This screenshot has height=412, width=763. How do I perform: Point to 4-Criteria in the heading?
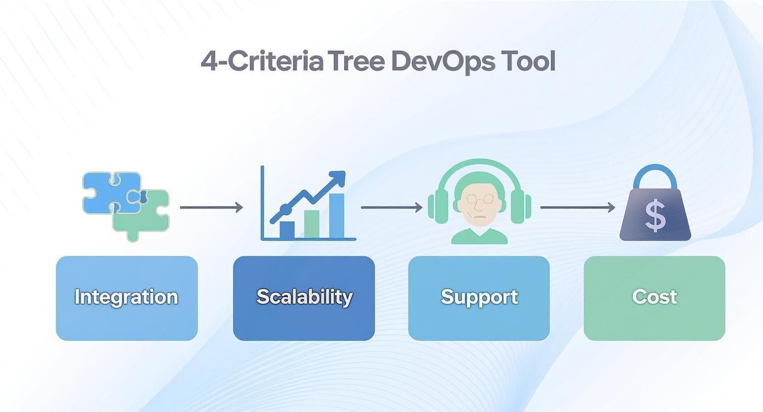tap(262, 61)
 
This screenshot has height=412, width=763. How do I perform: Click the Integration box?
tap(127, 298)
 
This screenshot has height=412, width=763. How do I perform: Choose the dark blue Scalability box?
tap(304, 298)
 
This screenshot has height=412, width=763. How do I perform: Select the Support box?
tap(479, 298)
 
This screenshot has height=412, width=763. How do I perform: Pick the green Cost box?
tap(654, 298)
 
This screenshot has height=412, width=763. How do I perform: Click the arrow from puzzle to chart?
tap(211, 207)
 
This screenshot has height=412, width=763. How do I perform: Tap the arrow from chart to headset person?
tap(391, 208)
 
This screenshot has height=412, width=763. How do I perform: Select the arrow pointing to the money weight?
tap(577, 208)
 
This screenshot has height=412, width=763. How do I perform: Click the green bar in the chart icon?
tap(311, 224)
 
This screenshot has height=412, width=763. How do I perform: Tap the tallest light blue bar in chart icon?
tap(336, 216)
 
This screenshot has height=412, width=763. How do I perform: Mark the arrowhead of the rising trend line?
tap(339, 178)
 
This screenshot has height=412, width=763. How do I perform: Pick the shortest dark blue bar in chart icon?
tap(287, 230)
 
